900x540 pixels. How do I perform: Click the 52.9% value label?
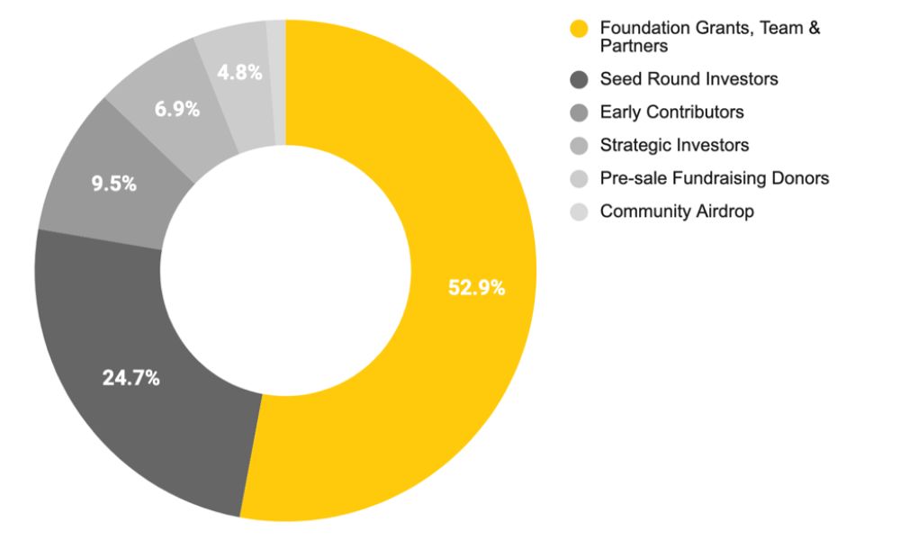tap(476, 288)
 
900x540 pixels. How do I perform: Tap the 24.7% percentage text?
tap(130, 378)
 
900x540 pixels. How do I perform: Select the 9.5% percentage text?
tap(114, 184)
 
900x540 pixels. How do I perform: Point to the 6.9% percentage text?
tap(177, 110)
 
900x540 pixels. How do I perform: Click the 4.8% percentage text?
tap(239, 73)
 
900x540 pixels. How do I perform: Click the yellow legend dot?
tap(580, 29)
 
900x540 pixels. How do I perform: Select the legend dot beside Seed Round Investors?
tap(580, 79)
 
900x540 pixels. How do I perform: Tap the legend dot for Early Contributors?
tap(580, 112)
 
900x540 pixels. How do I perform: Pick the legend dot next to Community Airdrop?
tap(580, 212)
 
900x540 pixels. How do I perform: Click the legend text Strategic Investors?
tap(674, 145)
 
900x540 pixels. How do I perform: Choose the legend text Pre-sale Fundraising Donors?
tap(714, 178)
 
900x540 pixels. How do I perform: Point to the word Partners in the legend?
tap(634, 46)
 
